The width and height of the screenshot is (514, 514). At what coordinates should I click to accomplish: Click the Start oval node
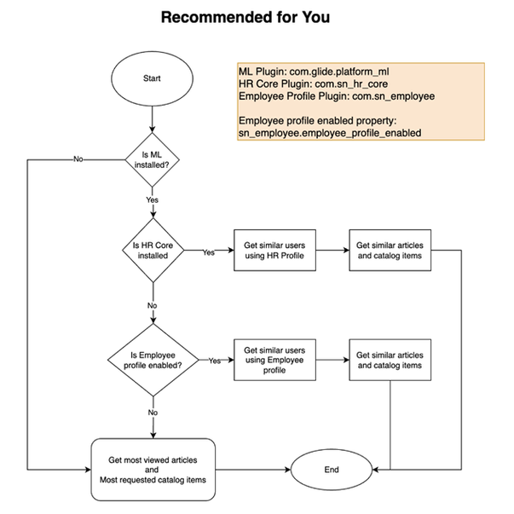pos(153,78)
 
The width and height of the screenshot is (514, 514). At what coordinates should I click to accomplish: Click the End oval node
pos(332,470)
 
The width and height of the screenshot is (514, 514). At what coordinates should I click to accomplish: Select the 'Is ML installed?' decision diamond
pos(153,159)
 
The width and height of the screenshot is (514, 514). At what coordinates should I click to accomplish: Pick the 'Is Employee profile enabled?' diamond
pos(153,360)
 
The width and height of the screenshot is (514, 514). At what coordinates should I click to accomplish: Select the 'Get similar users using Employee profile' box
pos(274,360)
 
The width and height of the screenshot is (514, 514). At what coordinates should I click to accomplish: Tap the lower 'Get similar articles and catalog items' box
pos(389,360)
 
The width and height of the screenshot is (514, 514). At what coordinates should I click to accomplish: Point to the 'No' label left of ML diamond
pos(78,159)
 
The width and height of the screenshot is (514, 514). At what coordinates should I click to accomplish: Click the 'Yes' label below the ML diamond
pos(153,199)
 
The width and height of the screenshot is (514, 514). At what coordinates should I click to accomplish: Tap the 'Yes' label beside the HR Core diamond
pos(208,252)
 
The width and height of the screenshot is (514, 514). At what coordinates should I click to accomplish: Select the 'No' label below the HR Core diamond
pos(153,304)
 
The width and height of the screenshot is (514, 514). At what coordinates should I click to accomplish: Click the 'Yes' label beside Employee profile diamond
pos(215,360)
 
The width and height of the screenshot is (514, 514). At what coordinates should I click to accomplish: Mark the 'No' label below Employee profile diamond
pos(153,412)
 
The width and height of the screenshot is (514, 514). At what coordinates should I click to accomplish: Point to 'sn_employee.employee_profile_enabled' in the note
pos(329,133)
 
